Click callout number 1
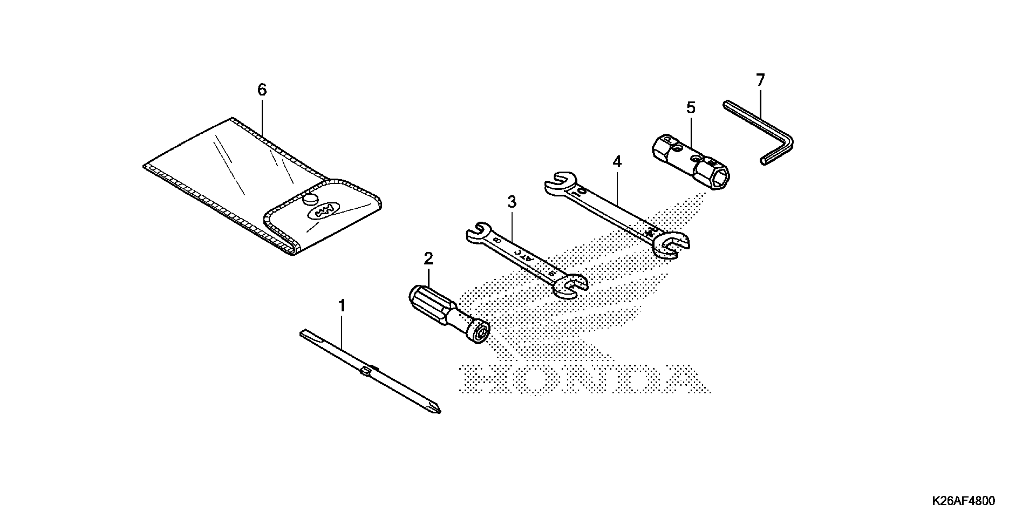342,306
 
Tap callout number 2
428,259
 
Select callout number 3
512,202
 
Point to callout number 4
617,162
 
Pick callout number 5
690,108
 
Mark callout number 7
760,80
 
